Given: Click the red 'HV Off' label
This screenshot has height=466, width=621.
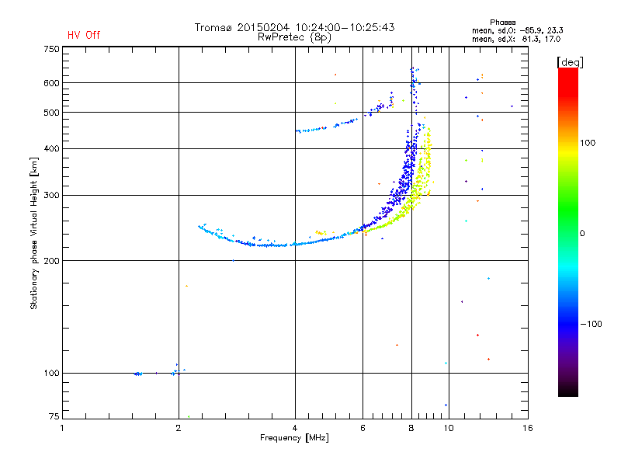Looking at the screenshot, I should coord(84,35).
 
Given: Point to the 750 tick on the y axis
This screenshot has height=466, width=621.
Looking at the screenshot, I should coord(51,48).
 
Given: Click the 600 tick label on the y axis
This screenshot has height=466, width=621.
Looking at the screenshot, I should coord(51,83).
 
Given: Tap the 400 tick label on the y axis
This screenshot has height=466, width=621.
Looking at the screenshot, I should coord(51,148).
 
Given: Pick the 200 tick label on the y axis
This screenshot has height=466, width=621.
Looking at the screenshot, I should coord(51,260).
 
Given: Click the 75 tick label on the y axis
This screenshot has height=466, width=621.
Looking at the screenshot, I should coord(54,418).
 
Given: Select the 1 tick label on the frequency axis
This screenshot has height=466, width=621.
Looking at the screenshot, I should coord(63,428).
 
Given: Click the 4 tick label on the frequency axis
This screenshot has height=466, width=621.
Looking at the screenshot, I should coord(295,428).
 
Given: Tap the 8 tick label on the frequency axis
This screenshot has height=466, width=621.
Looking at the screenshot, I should coord(411,428).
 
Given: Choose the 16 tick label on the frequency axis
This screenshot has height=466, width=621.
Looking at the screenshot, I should coord(527,428).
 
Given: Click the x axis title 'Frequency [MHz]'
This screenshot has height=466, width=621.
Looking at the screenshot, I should coord(295,439).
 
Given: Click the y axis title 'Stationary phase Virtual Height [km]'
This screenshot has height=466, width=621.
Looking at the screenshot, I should coord(34,233).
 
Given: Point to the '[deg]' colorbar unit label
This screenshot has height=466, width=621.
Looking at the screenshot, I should coord(570,61).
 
